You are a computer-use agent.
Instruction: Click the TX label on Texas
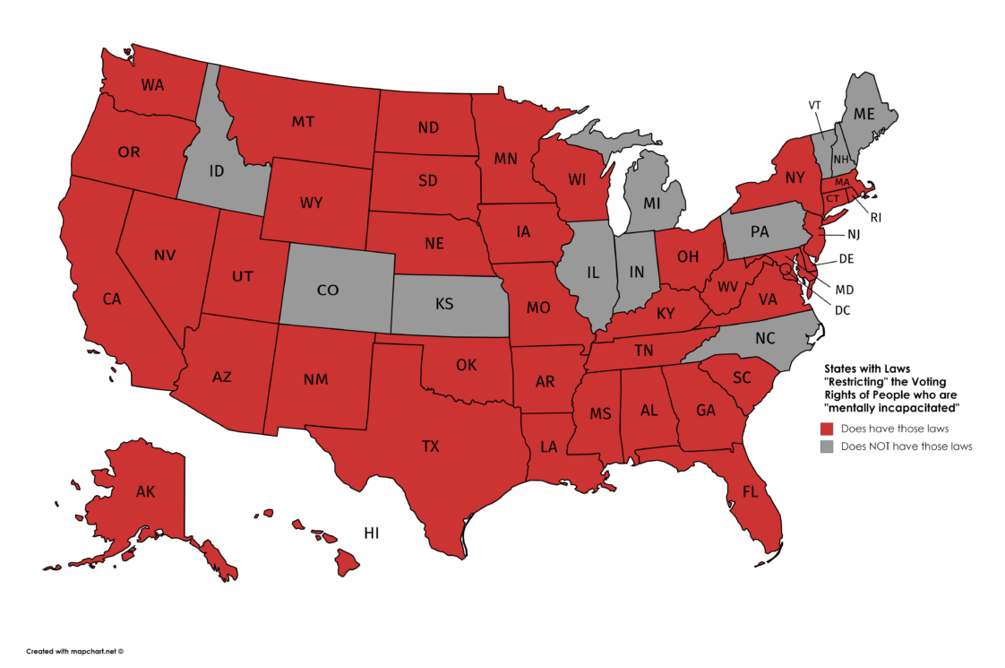[430, 446]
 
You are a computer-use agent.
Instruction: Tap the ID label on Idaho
[217, 170]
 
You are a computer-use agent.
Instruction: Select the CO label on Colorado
[328, 290]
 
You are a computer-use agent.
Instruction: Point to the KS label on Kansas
[444, 304]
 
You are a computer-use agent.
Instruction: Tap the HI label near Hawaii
[372, 534]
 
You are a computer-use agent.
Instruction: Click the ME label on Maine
[863, 114]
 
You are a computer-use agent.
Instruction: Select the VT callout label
[814, 105]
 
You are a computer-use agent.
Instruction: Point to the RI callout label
[875, 217]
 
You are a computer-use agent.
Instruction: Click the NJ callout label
[854, 235]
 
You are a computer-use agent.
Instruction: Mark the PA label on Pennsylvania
[760, 232]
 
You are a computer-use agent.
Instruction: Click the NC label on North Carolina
[764, 339]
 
